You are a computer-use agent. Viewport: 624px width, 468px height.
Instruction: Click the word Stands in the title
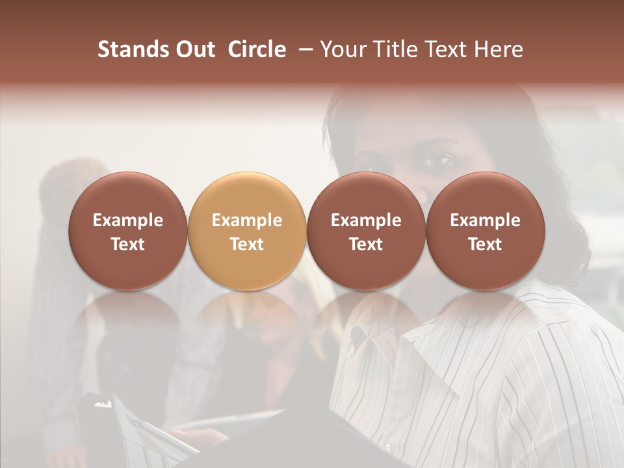click(133, 49)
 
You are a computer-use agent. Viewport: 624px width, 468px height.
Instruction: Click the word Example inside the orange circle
click(247, 221)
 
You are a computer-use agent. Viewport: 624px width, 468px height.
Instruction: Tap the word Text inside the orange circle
click(247, 244)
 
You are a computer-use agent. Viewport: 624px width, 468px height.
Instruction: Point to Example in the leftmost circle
click(128, 221)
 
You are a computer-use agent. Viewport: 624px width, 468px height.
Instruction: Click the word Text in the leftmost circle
click(128, 244)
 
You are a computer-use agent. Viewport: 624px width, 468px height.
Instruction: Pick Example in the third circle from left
click(366, 221)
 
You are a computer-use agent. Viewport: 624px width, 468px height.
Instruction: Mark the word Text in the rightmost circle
click(485, 244)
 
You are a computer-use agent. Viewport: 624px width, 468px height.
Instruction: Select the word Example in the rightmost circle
click(485, 221)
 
